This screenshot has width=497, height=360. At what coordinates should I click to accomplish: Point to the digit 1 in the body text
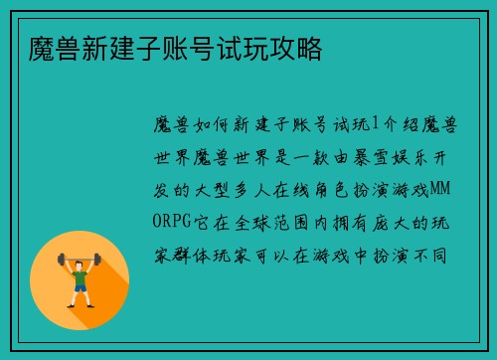tap(374, 123)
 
